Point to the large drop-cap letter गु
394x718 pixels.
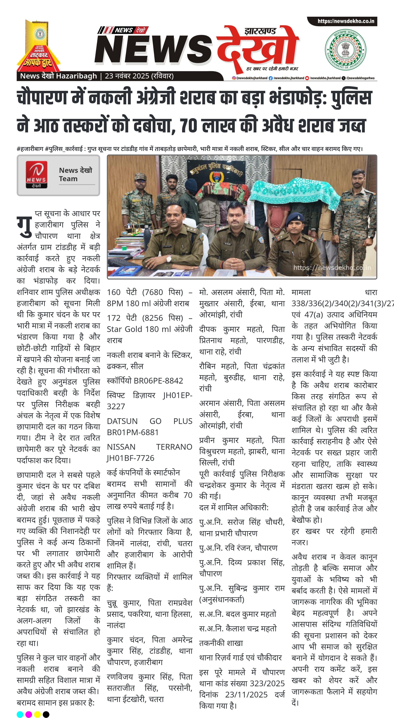(x=25, y=225)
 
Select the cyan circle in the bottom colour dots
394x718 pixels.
(x=20, y=714)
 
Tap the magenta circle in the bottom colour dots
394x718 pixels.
(x=29, y=714)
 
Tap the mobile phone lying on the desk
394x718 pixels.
(x=262, y=269)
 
